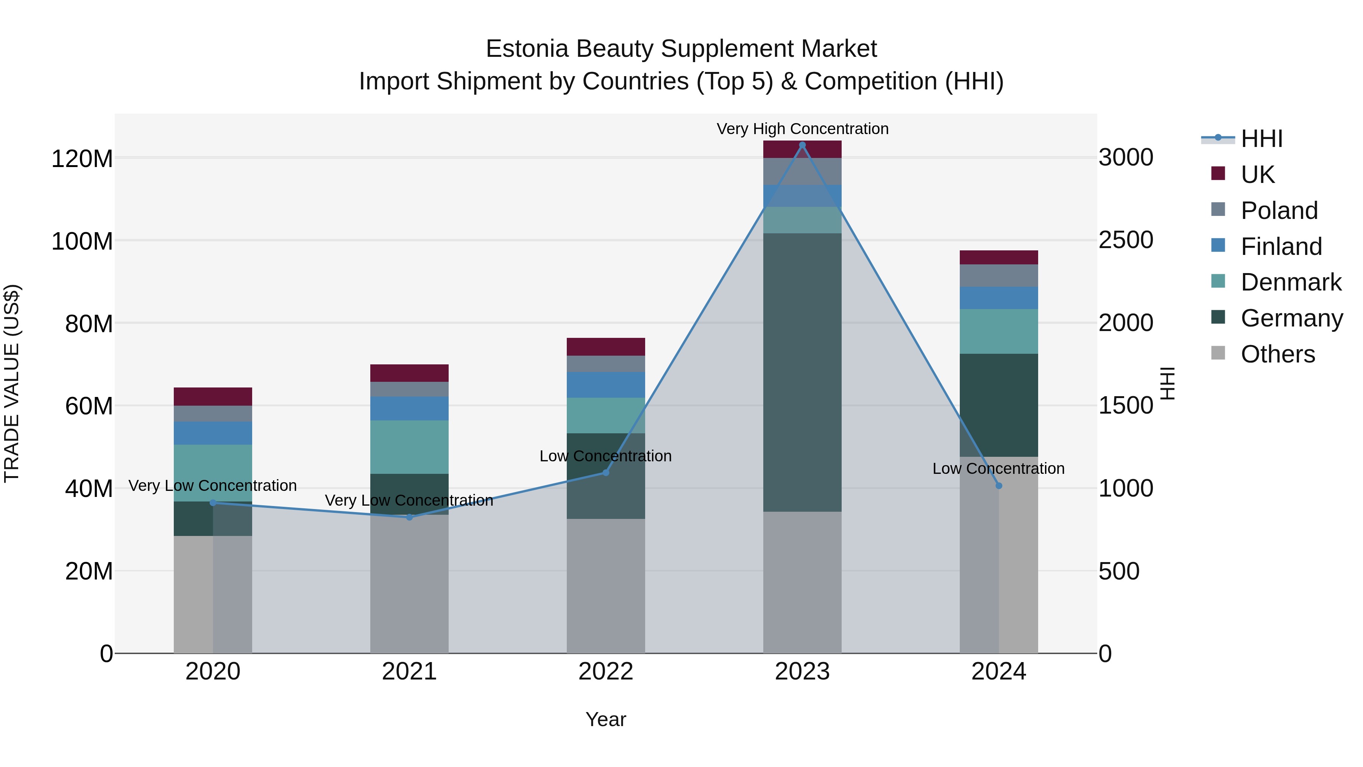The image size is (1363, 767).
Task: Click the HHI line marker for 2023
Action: tap(802, 145)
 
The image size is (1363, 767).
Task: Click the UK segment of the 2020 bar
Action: tap(213, 397)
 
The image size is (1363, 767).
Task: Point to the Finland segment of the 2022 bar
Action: tap(605, 385)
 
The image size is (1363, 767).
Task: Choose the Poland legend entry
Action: tap(1279, 211)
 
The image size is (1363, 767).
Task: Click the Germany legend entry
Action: tap(1291, 318)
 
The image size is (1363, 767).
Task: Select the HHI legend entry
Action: tap(1262, 139)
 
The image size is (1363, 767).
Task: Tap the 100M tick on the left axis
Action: tap(82, 241)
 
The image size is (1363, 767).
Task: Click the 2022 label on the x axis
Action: tap(605, 672)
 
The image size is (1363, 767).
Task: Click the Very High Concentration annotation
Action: tap(802, 129)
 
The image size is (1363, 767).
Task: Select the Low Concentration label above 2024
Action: tap(998, 469)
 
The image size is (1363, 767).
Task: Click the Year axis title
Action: tap(605, 719)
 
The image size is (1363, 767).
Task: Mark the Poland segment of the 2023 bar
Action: tap(802, 171)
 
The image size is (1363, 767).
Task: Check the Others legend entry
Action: tap(1277, 354)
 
